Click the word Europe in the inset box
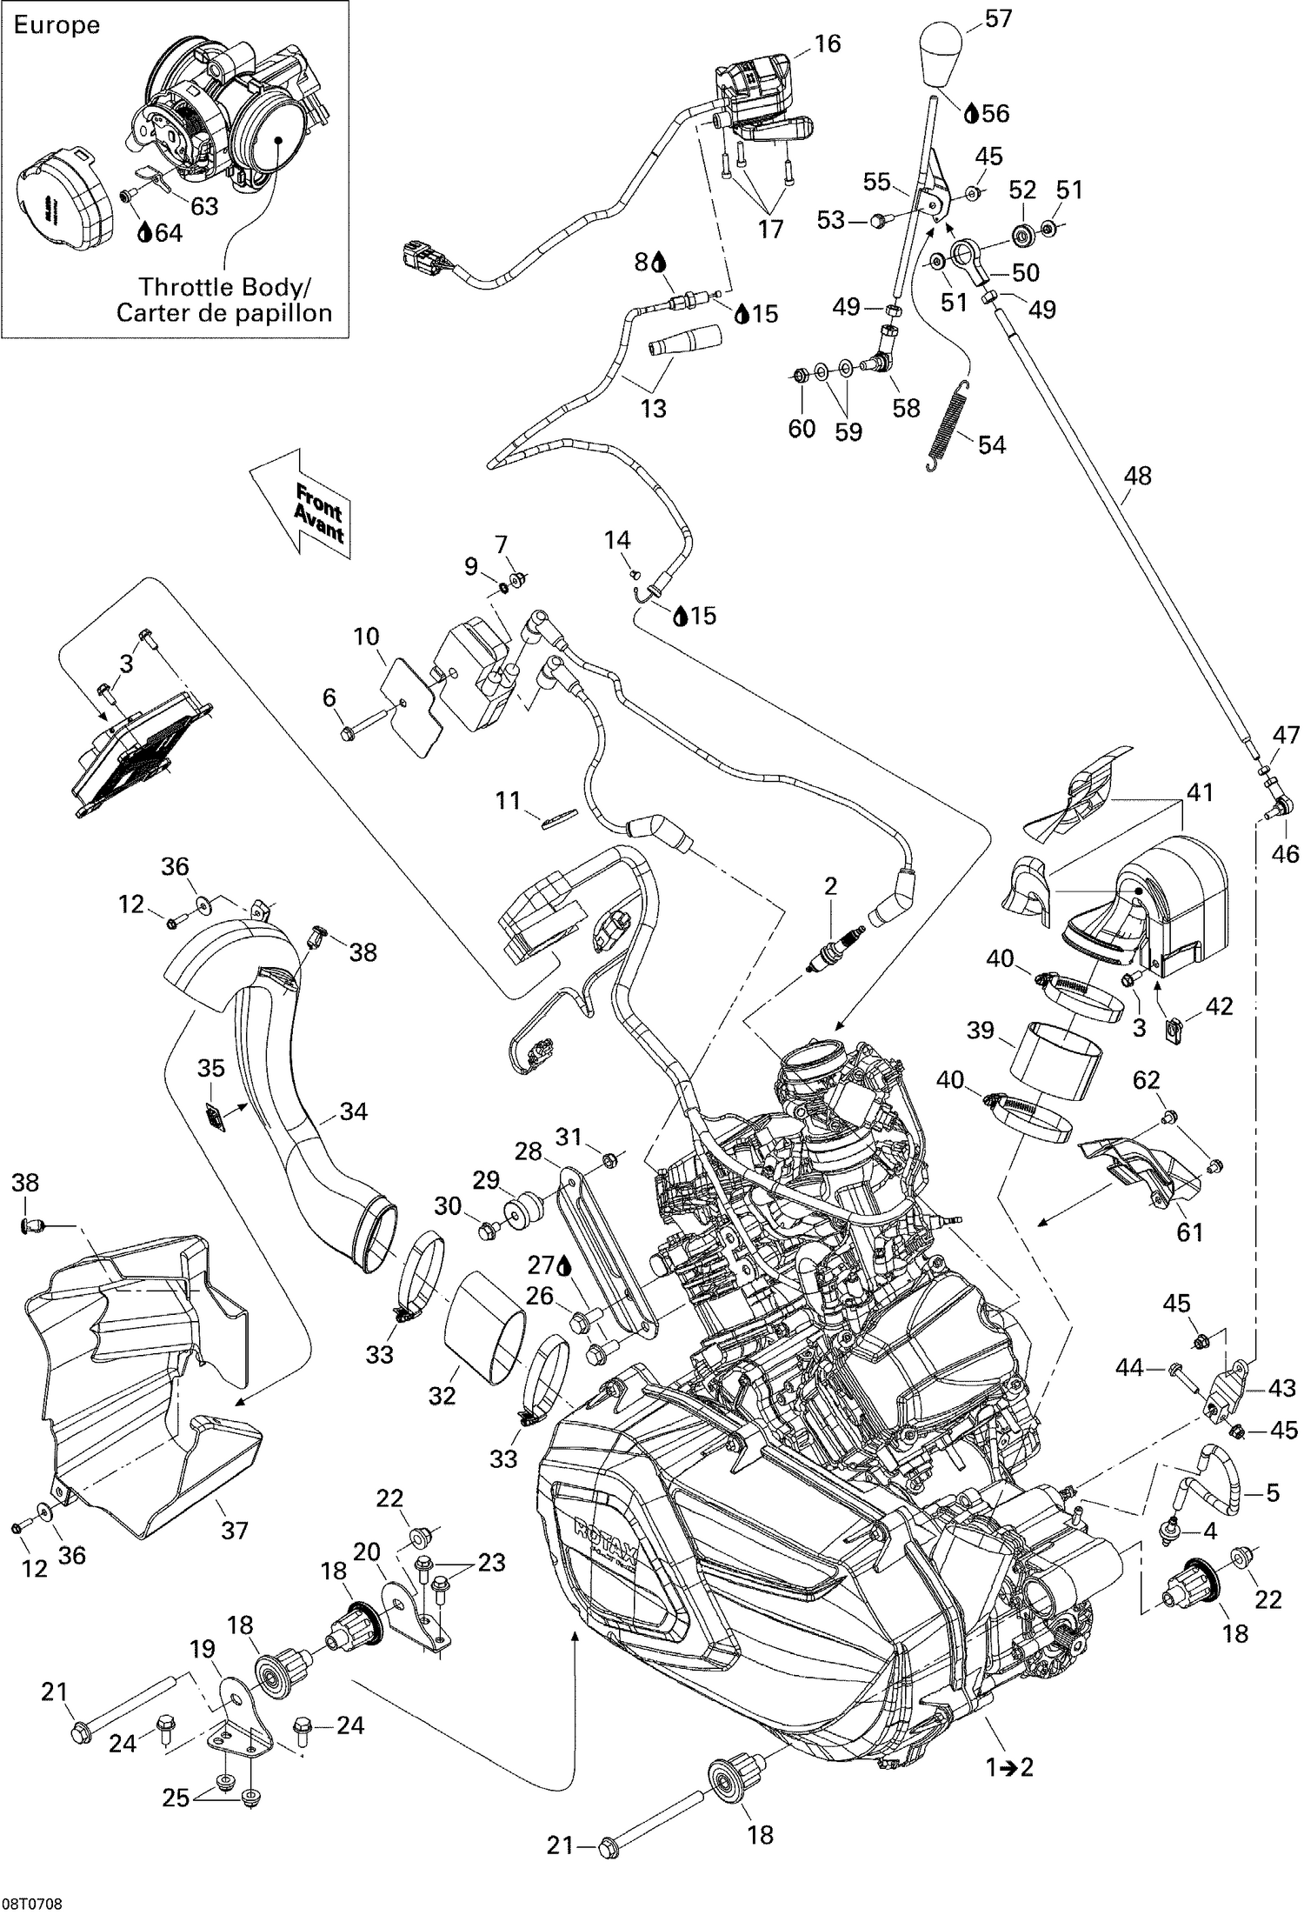pos(57,25)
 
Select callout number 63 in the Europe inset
pos(204,206)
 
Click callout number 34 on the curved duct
pos(354,1111)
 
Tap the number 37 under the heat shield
pos(235,1555)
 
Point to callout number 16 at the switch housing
pos(828,43)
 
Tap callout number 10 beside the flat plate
pos(366,637)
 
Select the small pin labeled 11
pos(557,818)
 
